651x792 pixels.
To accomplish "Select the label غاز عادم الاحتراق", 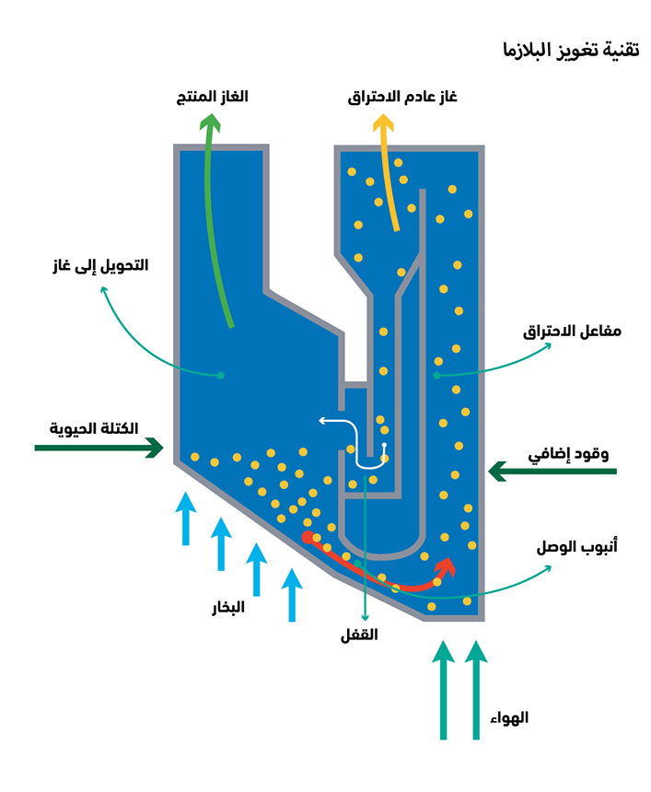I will tap(402, 97).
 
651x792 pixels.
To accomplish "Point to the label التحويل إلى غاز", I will tap(99, 265).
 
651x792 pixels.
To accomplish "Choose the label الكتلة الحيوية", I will tap(94, 428).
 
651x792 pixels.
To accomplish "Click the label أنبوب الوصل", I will tap(576, 547).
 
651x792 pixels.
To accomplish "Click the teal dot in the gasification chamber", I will tap(220, 375).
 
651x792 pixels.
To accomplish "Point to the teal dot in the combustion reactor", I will tap(436, 376).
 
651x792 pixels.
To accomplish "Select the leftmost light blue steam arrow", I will tap(186, 518).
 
